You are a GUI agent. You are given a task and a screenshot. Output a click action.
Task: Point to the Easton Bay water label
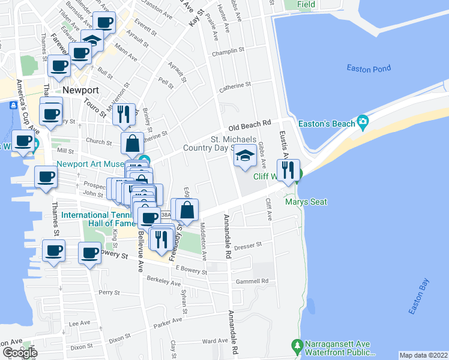418,296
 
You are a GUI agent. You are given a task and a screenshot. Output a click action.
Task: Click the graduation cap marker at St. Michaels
245,156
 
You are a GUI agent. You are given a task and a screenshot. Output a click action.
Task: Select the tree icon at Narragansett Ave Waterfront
297,346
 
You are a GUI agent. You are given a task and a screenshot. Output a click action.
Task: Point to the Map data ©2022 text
424,355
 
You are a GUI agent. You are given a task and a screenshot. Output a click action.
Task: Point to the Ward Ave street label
215,341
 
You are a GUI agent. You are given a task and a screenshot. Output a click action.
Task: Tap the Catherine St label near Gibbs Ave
234,86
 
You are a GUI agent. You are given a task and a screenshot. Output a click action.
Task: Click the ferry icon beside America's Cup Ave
13,106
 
